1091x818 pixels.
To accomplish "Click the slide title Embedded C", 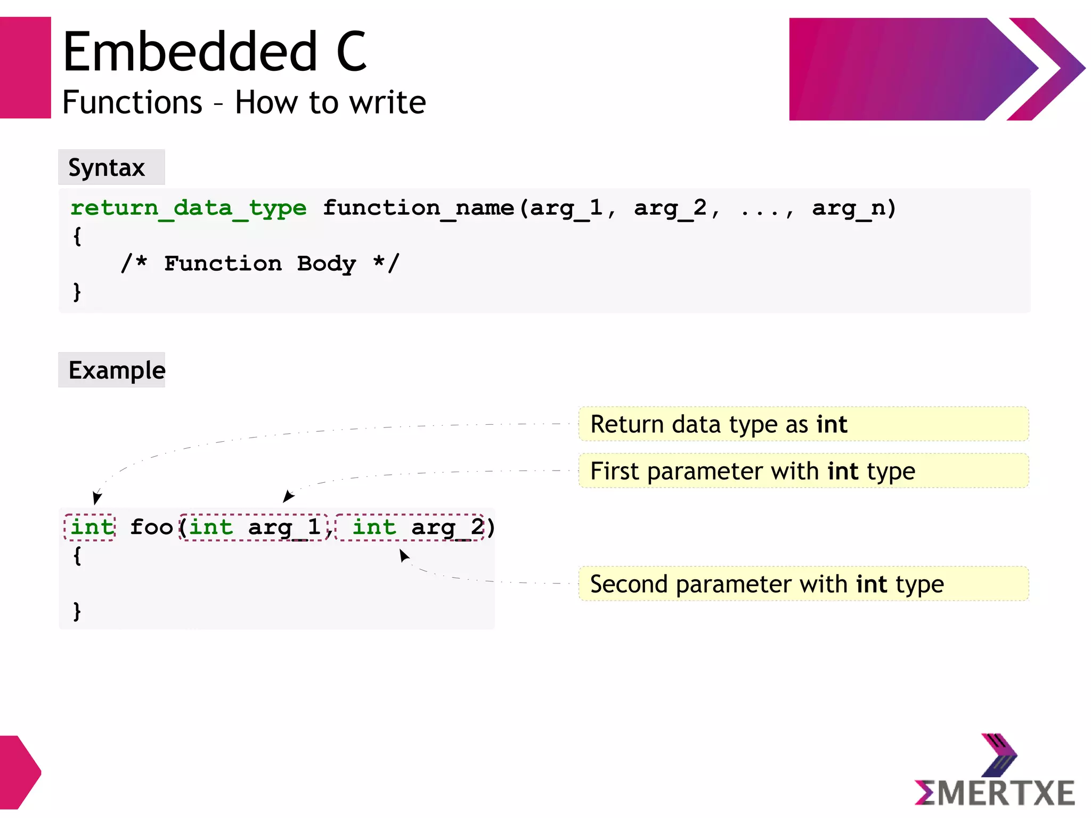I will point(214,52).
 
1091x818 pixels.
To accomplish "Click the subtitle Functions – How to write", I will point(244,102).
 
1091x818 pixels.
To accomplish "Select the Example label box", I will point(112,370).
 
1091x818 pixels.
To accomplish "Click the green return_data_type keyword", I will point(189,208).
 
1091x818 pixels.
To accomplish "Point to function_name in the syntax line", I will point(419,208).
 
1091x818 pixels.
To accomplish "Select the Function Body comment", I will point(260,264).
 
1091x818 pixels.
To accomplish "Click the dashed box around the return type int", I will point(89,528).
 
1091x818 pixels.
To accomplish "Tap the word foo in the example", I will point(151,528).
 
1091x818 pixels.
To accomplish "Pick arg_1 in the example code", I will point(284,528).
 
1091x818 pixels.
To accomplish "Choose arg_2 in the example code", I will point(447,528).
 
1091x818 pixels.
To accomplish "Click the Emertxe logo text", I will point(995,793).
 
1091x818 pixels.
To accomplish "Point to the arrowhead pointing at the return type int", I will point(96,498).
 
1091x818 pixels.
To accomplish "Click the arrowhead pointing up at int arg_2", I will point(404,556).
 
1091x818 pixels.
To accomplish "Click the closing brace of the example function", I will point(77,611).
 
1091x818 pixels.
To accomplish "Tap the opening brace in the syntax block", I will point(77,236).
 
